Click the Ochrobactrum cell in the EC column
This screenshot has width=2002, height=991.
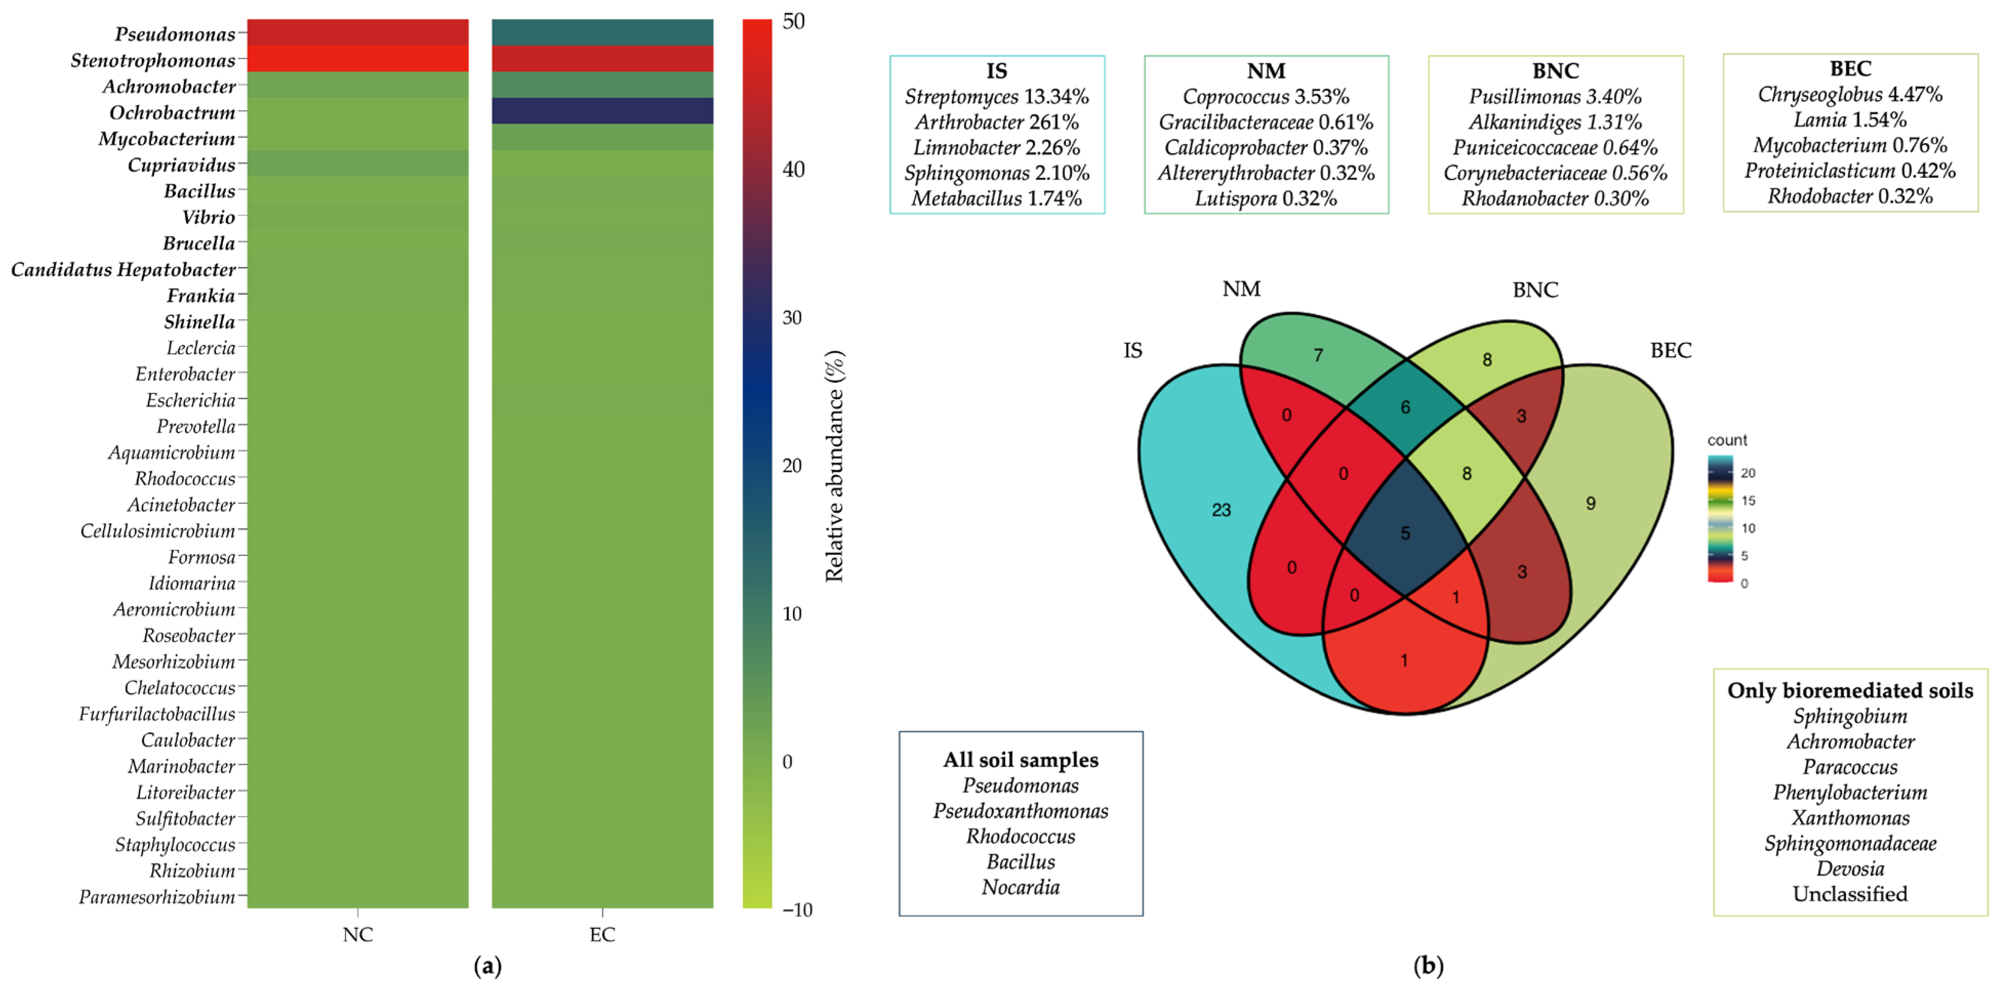click(602, 111)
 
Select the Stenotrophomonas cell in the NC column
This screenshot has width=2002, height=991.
click(358, 59)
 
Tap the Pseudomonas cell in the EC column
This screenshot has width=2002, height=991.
click(602, 33)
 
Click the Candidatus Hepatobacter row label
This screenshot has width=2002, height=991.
click(123, 270)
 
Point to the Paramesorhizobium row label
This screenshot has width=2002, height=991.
click(157, 897)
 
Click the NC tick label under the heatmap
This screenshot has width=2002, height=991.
click(358, 934)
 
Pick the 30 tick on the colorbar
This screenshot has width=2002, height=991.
click(792, 317)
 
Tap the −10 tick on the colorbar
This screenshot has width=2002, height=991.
click(796, 910)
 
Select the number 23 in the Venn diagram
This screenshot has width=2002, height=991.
click(1221, 510)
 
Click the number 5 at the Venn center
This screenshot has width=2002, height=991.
click(1405, 533)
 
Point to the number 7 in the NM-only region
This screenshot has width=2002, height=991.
click(1318, 355)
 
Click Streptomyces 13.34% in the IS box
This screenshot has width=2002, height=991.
click(996, 96)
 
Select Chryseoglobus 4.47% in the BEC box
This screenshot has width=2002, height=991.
click(1850, 94)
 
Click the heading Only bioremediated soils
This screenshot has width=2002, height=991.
click(1850, 690)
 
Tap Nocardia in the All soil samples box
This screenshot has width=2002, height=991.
click(1020, 887)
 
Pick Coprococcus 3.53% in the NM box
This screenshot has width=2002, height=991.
click(1265, 96)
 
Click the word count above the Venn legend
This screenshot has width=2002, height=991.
click(1727, 440)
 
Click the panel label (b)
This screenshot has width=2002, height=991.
click(1427, 965)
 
